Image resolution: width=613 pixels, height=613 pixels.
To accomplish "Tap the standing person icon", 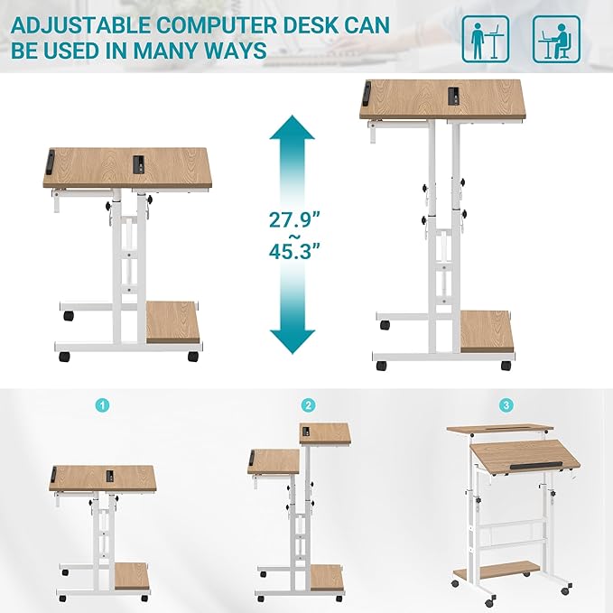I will [486, 38].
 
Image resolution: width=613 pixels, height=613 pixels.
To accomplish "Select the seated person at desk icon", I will [555, 38].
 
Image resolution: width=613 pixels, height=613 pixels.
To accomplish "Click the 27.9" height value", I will [293, 219].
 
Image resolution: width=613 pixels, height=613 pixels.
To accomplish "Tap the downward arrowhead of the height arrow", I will [293, 340].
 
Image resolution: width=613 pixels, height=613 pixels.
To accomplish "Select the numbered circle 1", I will [104, 405].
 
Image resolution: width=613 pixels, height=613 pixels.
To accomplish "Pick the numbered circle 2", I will [309, 405].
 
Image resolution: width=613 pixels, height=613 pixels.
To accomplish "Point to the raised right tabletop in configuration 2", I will [324, 432].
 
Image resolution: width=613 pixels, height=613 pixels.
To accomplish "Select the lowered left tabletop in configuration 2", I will [274, 460].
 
